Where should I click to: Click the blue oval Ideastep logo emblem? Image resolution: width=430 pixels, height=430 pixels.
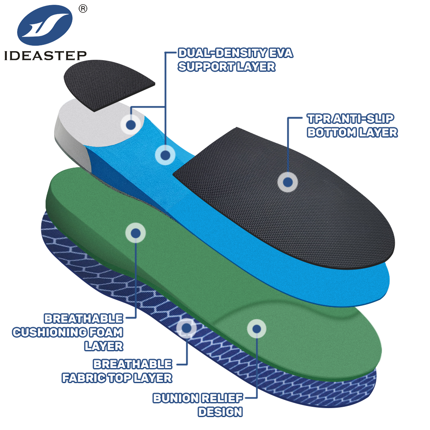[45, 25]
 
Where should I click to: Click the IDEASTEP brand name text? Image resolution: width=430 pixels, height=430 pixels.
[46, 55]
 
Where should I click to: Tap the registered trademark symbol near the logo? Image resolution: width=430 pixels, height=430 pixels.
[83, 9]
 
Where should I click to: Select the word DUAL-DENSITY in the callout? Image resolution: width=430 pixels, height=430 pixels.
[222, 53]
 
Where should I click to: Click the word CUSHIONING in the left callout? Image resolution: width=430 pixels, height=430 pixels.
[49, 332]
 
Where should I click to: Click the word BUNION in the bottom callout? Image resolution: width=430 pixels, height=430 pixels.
[176, 398]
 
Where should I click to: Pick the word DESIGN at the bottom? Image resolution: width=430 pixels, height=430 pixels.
[221, 412]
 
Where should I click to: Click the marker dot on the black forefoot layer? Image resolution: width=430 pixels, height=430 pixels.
[288, 182]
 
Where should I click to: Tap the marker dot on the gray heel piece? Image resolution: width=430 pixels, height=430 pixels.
[131, 125]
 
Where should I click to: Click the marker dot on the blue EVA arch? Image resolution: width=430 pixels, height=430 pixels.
[165, 155]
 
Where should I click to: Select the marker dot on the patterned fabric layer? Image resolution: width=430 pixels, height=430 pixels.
[187, 328]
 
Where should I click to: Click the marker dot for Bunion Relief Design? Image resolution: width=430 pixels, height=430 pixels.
[257, 329]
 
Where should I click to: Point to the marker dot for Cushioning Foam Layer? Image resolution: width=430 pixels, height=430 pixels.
[135, 233]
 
